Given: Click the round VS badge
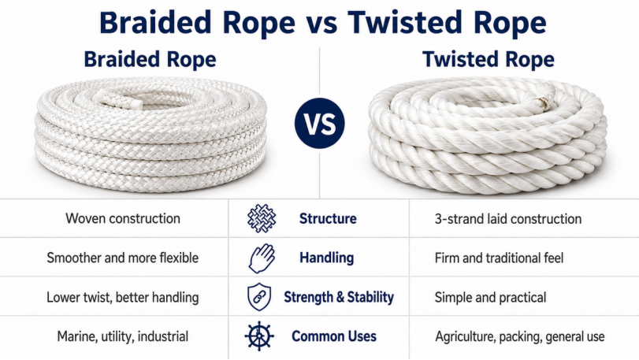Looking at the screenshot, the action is click(x=320, y=123).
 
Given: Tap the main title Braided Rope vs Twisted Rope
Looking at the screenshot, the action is click(x=323, y=22).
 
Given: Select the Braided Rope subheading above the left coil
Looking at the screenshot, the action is click(x=150, y=59).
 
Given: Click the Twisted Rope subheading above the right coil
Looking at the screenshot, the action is click(x=489, y=59).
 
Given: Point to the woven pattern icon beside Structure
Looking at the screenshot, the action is click(x=262, y=219).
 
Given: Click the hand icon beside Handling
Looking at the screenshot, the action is click(x=262, y=258).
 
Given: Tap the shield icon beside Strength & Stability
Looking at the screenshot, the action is click(x=259, y=297).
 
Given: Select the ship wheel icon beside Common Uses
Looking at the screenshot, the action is click(x=259, y=336).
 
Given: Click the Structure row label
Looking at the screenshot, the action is click(x=328, y=219).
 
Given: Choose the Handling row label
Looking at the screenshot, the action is click(x=327, y=258).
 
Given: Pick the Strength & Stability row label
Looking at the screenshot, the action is click(x=339, y=297).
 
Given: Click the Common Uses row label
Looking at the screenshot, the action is click(x=334, y=336).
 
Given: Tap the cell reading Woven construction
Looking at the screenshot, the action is click(x=123, y=219).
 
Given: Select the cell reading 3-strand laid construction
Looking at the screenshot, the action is click(x=508, y=219).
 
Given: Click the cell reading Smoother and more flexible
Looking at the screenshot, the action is click(x=123, y=258).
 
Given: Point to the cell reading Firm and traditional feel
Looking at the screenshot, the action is click(x=500, y=258).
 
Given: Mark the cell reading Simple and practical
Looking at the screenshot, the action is click(x=490, y=297).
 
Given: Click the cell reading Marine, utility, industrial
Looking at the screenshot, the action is click(x=123, y=337).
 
